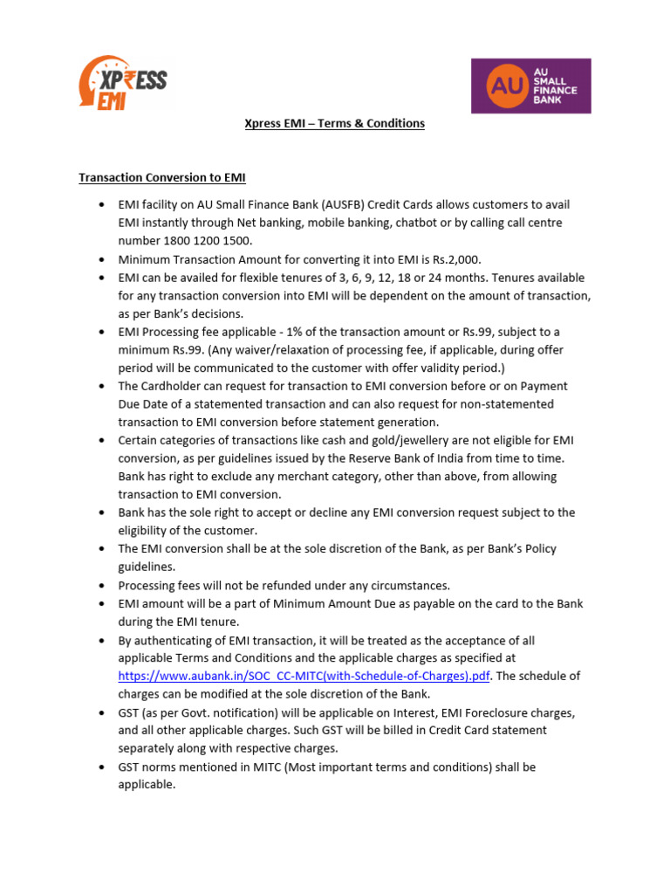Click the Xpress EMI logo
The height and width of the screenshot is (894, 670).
[122, 84]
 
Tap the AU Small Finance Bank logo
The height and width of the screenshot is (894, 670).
[530, 86]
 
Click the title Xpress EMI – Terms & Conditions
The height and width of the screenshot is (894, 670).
[334, 123]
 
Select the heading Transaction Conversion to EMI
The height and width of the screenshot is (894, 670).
[162, 177]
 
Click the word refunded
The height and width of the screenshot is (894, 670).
[277, 585]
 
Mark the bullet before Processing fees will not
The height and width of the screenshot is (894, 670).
[100, 586]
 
